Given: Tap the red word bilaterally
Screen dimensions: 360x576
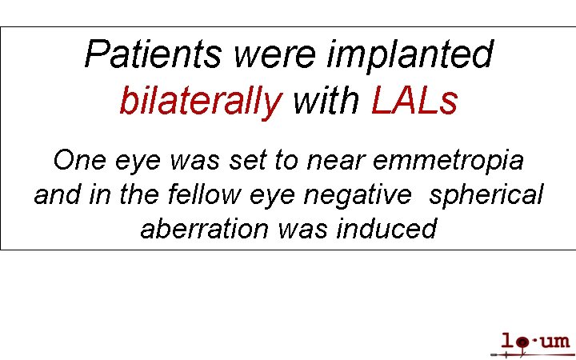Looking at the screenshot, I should (200, 102).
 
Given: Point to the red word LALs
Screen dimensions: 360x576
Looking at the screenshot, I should (414, 102).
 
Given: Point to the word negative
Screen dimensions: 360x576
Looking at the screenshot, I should (367, 195).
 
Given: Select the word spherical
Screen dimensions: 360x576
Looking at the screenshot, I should (486, 195).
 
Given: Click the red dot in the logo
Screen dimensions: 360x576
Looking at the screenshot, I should (522, 343).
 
